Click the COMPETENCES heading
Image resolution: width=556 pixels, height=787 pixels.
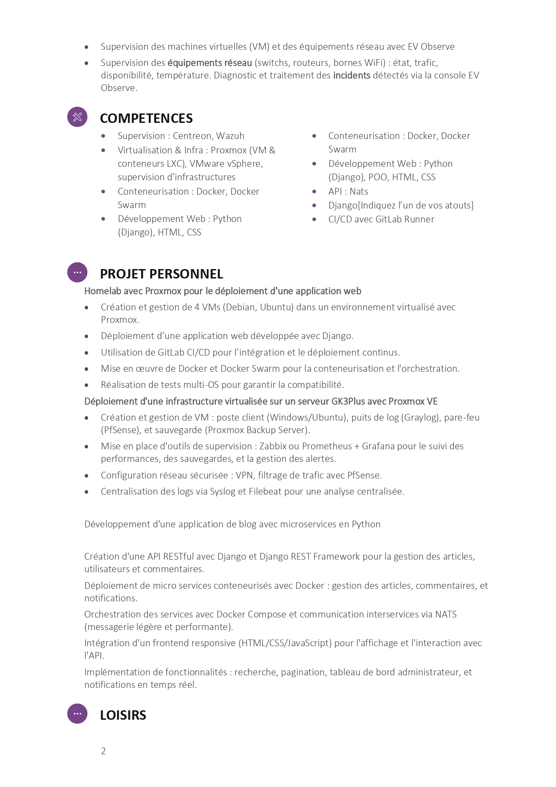coord(146,118)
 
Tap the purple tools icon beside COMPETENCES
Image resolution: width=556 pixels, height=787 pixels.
coord(77,117)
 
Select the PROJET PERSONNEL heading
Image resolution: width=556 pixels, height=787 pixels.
coord(161,274)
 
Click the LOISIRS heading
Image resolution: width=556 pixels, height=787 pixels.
coord(123,715)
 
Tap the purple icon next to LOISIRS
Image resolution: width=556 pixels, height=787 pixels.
coord(77,713)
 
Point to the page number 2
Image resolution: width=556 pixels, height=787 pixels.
coord(103,751)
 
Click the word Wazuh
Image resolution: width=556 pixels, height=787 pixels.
coord(230,136)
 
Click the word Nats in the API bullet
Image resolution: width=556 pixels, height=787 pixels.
coord(359,191)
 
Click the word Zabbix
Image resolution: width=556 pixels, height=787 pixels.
coord(273,446)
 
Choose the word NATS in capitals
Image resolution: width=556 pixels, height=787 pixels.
coord(446,614)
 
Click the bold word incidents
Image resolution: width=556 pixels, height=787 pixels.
coord(352,75)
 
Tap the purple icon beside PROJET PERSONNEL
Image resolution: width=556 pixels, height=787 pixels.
coord(77,272)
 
